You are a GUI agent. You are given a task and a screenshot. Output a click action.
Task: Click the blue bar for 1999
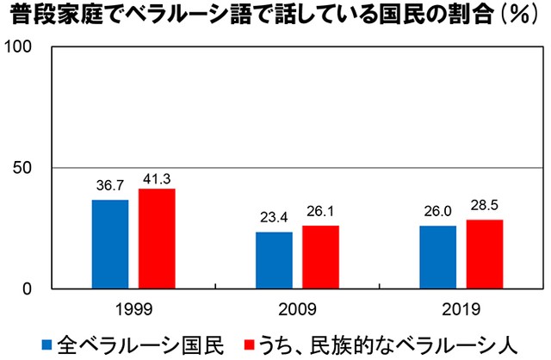110,244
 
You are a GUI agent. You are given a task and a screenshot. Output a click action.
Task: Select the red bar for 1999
157,238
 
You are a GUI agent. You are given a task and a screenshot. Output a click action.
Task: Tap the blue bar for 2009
274,260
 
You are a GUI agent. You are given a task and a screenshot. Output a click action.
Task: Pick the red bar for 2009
320,257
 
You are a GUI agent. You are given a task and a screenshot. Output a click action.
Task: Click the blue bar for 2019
437,257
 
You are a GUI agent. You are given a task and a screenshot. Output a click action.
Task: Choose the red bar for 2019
484,254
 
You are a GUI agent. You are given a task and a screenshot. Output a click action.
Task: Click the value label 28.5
484,207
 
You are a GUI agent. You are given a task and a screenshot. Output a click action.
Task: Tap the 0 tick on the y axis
28,289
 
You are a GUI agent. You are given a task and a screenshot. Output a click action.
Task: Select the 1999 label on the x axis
133,308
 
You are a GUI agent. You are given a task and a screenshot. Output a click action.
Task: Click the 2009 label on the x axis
297,308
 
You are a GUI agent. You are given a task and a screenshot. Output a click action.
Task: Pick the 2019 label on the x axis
461,308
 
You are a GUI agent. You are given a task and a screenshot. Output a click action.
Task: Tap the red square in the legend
250,343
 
